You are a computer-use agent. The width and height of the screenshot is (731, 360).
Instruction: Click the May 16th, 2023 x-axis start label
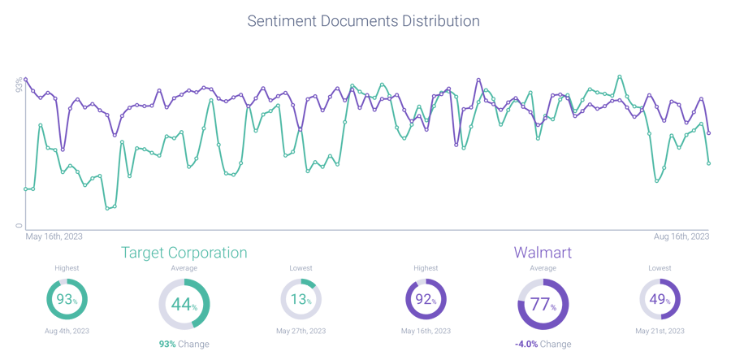click(x=55, y=236)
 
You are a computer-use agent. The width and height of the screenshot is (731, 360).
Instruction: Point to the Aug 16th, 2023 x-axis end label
click(x=681, y=236)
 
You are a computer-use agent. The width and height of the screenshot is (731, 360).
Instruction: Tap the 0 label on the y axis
click(x=19, y=225)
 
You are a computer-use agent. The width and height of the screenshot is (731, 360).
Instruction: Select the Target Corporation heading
click(x=184, y=253)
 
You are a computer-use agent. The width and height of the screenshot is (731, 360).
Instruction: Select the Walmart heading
click(x=543, y=253)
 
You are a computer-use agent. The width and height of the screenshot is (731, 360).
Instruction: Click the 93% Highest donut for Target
click(x=67, y=299)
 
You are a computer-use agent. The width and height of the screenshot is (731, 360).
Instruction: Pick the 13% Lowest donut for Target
click(x=301, y=299)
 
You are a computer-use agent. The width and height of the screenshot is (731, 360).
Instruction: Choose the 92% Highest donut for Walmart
click(x=426, y=299)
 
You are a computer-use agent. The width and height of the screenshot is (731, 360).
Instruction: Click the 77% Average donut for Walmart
click(x=543, y=304)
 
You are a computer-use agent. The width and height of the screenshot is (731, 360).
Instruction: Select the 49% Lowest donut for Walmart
click(x=660, y=299)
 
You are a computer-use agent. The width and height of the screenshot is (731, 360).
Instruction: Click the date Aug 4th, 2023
click(x=67, y=332)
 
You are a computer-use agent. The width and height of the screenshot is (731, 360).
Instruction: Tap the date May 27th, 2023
click(x=301, y=332)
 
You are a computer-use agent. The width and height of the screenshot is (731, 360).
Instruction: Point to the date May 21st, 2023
click(x=660, y=332)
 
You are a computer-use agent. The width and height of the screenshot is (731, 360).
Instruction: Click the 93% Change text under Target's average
click(x=184, y=345)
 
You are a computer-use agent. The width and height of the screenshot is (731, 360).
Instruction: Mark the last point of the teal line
click(x=709, y=164)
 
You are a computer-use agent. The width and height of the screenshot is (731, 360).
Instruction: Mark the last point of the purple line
click(x=709, y=132)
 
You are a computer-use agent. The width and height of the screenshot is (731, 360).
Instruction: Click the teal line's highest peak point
click(x=620, y=76)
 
